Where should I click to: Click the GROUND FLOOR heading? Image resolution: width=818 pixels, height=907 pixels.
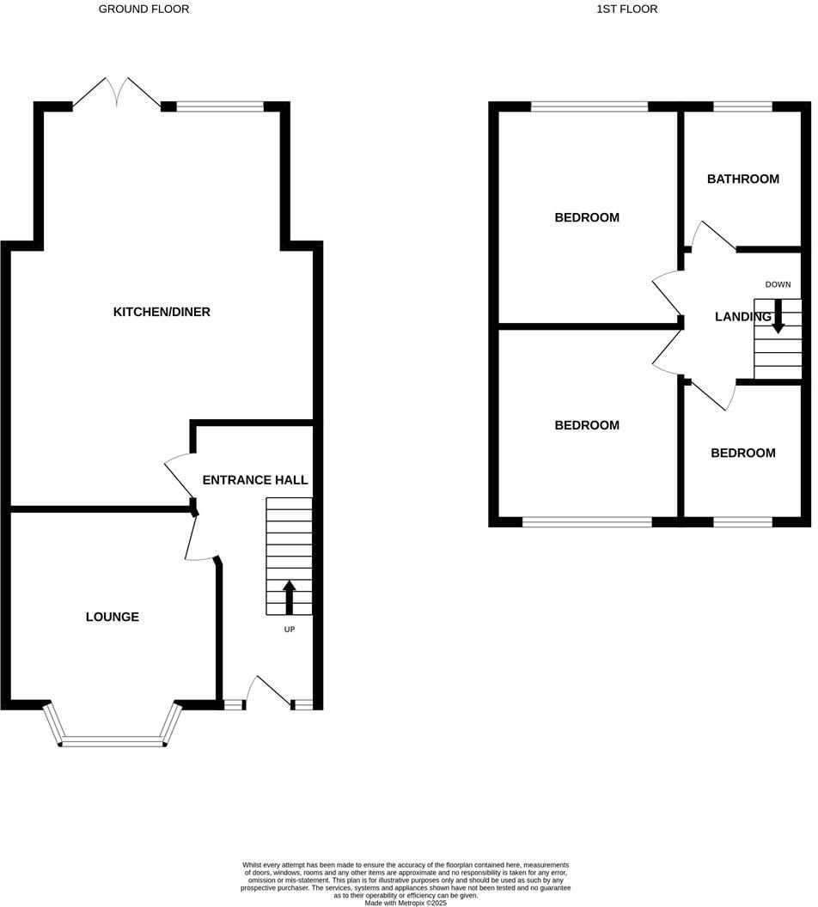(x=143, y=9)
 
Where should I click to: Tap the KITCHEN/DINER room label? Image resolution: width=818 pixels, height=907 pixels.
(x=162, y=312)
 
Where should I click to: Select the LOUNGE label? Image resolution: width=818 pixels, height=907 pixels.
(x=112, y=617)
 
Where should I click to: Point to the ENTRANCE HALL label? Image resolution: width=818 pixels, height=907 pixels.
(x=254, y=480)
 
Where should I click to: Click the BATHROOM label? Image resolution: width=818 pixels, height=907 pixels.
(x=742, y=180)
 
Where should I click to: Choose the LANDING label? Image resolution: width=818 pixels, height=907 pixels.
(x=742, y=317)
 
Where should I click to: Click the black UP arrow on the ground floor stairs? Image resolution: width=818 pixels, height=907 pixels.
(x=289, y=598)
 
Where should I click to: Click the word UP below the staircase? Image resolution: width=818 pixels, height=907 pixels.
(x=289, y=630)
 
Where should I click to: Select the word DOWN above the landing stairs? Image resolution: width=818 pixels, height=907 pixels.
(x=778, y=284)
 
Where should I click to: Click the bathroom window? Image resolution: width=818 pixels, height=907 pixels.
(x=742, y=107)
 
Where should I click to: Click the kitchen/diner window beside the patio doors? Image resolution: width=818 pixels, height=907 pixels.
(x=220, y=107)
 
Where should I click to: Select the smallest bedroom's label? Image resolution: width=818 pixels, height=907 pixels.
(x=742, y=453)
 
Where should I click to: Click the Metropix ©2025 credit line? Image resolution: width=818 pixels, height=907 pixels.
(x=406, y=903)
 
